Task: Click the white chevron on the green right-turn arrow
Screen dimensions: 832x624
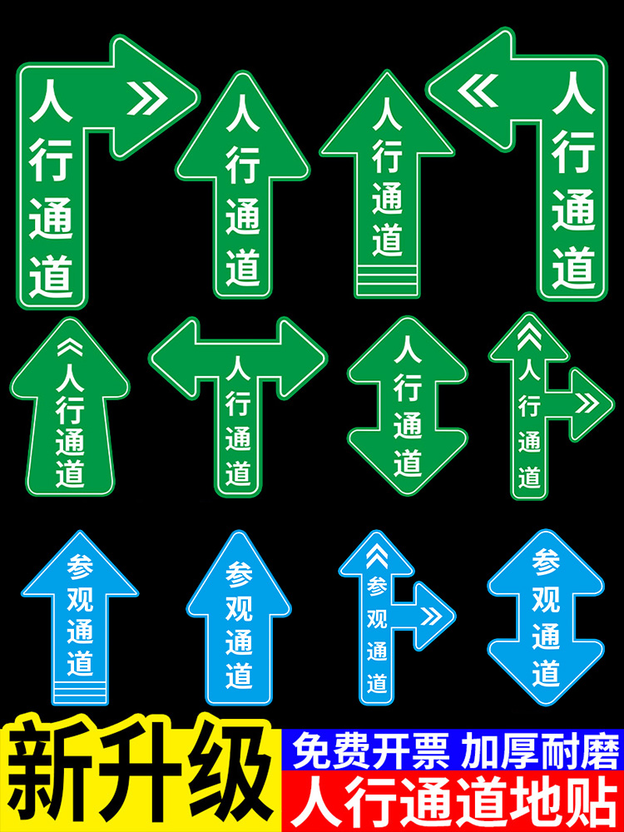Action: [x=147, y=98]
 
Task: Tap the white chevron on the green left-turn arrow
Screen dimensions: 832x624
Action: [x=477, y=91]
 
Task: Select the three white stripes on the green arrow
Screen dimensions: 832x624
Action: [x=387, y=278]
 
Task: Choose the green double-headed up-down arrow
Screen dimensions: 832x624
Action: [x=408, y=405]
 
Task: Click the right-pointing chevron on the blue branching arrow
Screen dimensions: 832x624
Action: [x=431, y=617]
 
